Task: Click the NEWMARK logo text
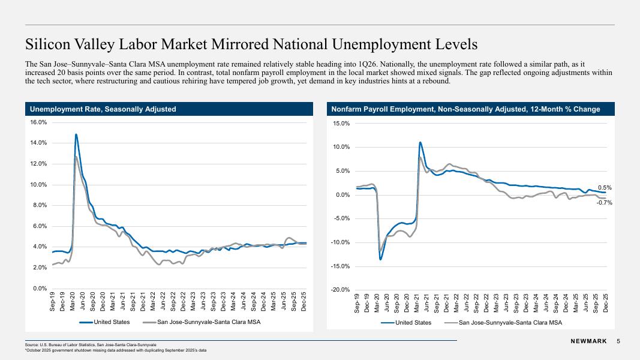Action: coord(588,341)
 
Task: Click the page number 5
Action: coord(618,341)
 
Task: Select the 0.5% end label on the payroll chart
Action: coord(605,188)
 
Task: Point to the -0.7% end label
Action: coord(604,202)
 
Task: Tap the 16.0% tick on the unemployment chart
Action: coord(39,122)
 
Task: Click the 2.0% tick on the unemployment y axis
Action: coord(40,268)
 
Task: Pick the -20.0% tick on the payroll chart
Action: coord(341,290)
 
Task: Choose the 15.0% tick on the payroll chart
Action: coord(342,123)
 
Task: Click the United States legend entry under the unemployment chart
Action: coord(104,322)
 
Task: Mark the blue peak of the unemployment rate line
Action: coord(76,134)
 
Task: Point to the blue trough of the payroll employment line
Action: coord(380,259)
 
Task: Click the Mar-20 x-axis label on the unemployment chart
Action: coord(72,301)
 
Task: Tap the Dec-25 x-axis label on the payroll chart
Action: coord(605,303)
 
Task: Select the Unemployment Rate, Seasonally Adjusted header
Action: coord(103,109)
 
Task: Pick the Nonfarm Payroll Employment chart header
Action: coord(465,109)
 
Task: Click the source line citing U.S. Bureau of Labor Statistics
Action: coord(91,345)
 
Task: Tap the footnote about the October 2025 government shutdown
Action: coord(116,350)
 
